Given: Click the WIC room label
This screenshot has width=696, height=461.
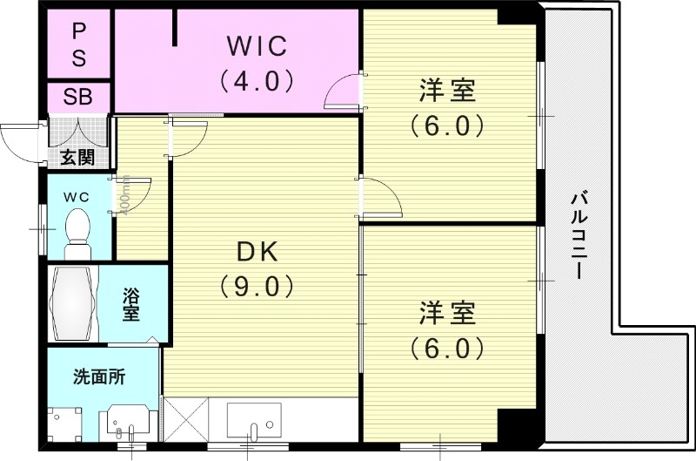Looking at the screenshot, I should pyautogui.click(x=257, y=44).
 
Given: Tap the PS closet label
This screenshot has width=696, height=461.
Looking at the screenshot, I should pyautogui.click(x=78, y=44).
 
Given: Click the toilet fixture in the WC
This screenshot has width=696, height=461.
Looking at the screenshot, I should pyautogui.click(x=78, y=227).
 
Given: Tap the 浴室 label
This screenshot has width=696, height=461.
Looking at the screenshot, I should pyautogui.click(x=131, y=303).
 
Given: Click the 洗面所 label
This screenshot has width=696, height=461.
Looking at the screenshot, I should pyautogui.click(x=98, y=377).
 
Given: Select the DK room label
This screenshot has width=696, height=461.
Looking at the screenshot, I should pyautogui.click(x=257, y=253).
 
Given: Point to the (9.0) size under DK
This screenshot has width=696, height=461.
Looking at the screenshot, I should pyautogui.click(x=257, y=286).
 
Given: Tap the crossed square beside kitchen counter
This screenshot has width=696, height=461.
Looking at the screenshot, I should pyautogui.click(x=186, y=420).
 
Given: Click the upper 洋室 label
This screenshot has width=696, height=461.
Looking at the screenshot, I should pyautogui.click(x=445, y=90).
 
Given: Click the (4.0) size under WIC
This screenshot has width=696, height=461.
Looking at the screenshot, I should pyautogui.click(x=257, y=80).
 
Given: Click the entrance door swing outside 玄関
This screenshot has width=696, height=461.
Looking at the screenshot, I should pyautogui.click(x=22, y=139).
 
